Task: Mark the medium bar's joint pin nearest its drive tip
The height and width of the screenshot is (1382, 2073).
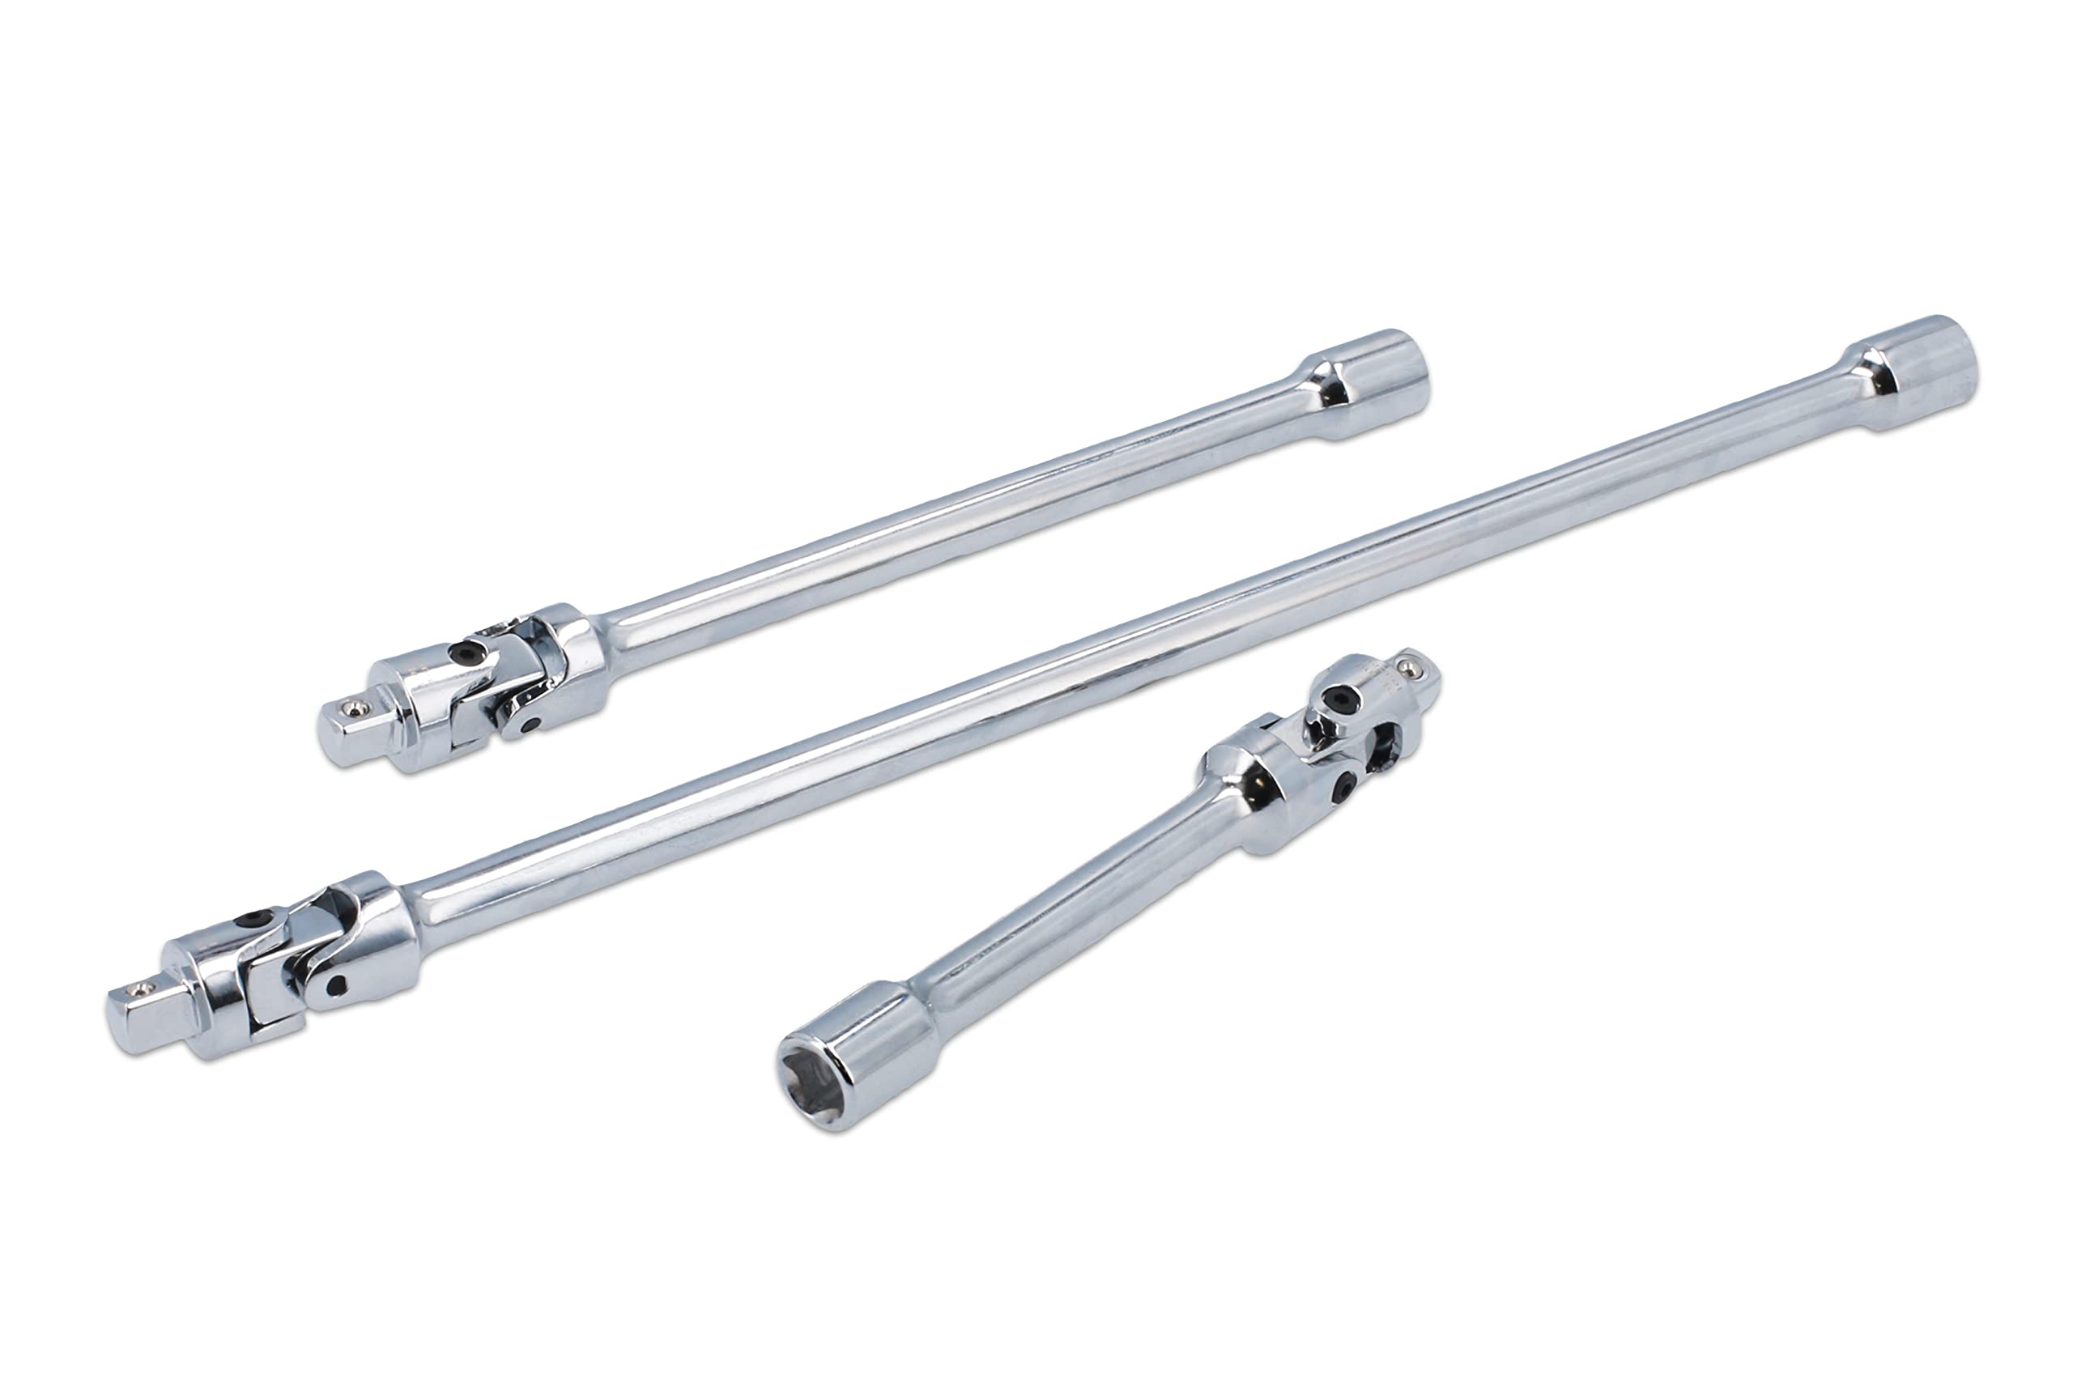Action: tap(465, 653)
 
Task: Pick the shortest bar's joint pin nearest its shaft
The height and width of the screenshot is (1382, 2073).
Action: tap(1346, 782)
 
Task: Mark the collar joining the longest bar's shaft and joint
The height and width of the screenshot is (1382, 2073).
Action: tap(379, 934)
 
